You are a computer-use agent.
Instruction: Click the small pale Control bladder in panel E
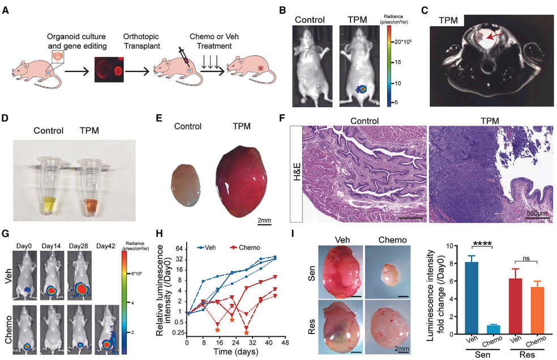(x=185, y=185)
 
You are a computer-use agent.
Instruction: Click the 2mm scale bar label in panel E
(x=264, y=220)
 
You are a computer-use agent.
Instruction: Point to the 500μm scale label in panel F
(x=537, y=213)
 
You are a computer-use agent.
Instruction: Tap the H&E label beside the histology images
(x=297, y=173)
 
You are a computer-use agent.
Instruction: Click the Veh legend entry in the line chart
(x=207, y=248)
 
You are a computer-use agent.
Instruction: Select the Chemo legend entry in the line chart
(x=245, y=248)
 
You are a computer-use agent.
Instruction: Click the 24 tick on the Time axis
(x=235, y=343)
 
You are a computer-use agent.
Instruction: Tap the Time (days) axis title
(x=235, y=352)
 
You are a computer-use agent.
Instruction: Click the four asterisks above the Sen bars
(x=482, y=244)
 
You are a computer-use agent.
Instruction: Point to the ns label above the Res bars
(x=526, y=258)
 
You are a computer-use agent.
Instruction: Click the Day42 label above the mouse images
(x=106, y=246)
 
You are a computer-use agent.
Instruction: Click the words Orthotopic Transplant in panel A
(x=142, y=41)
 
